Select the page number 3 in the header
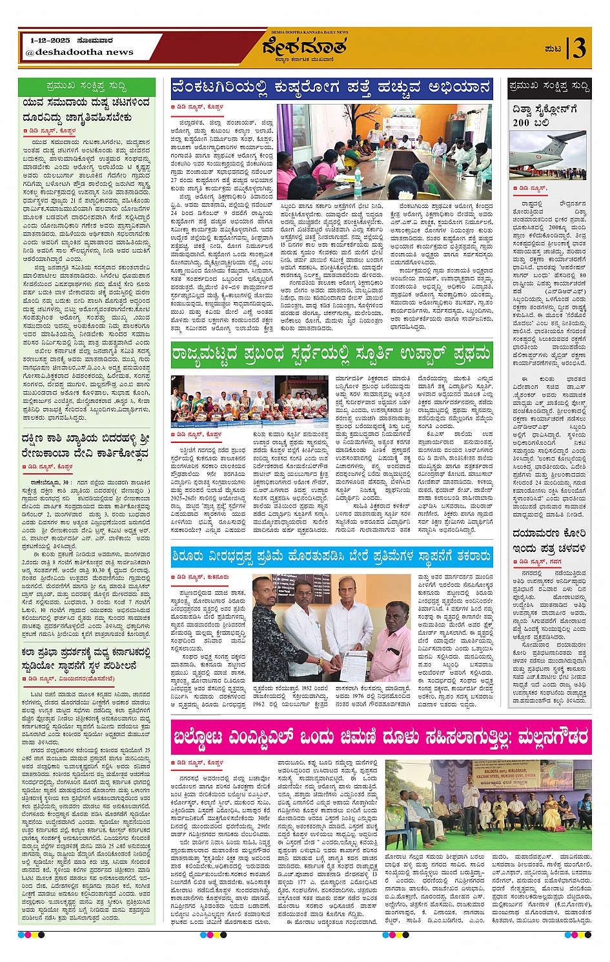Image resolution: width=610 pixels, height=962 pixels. (579, 48)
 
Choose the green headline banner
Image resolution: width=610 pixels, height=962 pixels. (331, 354)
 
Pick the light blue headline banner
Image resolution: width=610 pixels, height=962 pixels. (331, 556)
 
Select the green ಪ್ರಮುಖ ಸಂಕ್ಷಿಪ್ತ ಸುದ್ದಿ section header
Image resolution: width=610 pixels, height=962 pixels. (86, 85)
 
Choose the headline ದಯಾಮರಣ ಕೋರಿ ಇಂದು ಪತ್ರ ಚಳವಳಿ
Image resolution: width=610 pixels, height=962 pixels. (549, 540)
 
